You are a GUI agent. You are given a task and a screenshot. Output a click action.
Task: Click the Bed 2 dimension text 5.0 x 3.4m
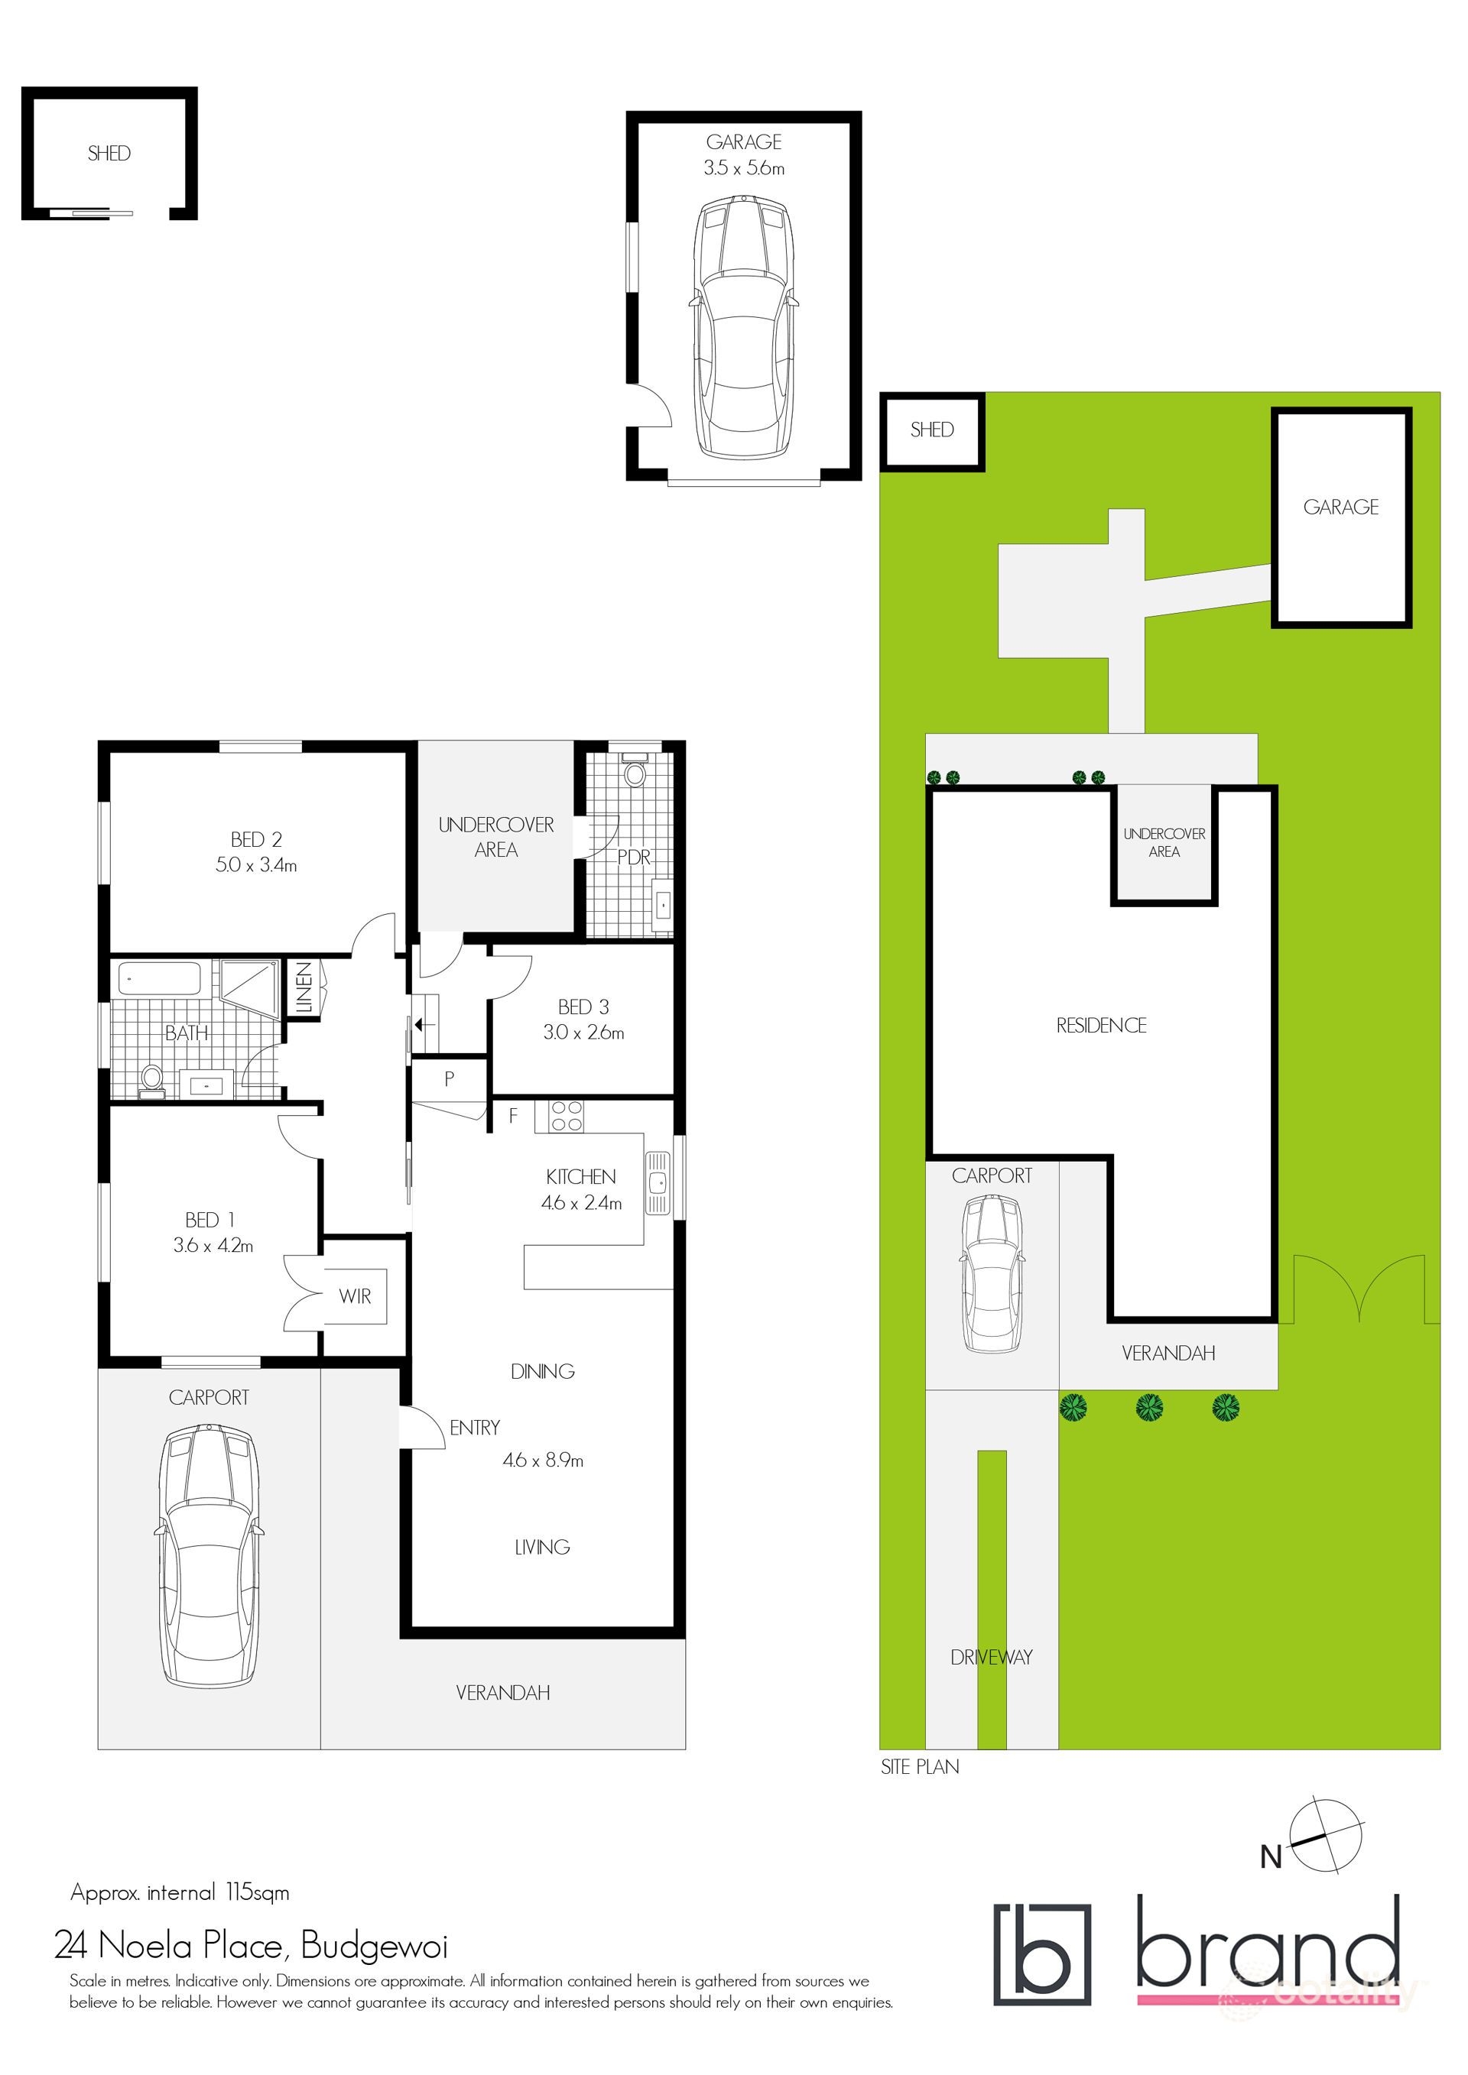coord(256,865)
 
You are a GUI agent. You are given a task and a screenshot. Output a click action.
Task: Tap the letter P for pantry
coord(450,1078)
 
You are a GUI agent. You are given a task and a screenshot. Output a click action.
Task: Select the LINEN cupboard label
coord(304,987)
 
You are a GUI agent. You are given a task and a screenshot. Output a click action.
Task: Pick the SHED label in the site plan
coord(932,430)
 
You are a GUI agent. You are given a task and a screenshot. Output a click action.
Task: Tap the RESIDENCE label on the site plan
coord(1101,1025)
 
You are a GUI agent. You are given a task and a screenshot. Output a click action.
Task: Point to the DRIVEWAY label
coord(991,1658)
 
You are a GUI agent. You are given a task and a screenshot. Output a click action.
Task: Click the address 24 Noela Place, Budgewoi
coord(250,1945)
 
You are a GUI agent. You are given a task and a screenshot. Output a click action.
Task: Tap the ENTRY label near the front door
coord(475,1427)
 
